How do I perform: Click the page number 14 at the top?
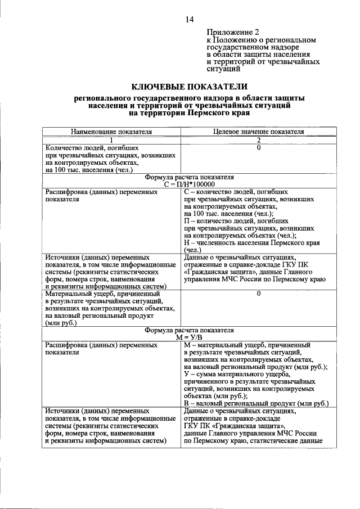pos(189,20)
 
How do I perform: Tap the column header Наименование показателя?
pos(111,132)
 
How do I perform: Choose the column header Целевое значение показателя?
pos(259,132)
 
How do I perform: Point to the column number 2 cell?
pos(259,139)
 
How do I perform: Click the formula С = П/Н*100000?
pos(189,184)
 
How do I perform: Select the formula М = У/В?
pos(189,337)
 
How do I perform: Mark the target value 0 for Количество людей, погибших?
pos(259,147)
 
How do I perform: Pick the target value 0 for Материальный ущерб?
pos(259,294)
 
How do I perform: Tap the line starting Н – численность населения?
pos(252,243)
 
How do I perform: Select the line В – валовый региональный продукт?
pos(256,403)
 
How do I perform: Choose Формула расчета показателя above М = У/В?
pos(189,330)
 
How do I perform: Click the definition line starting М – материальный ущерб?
pos(247,345)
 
